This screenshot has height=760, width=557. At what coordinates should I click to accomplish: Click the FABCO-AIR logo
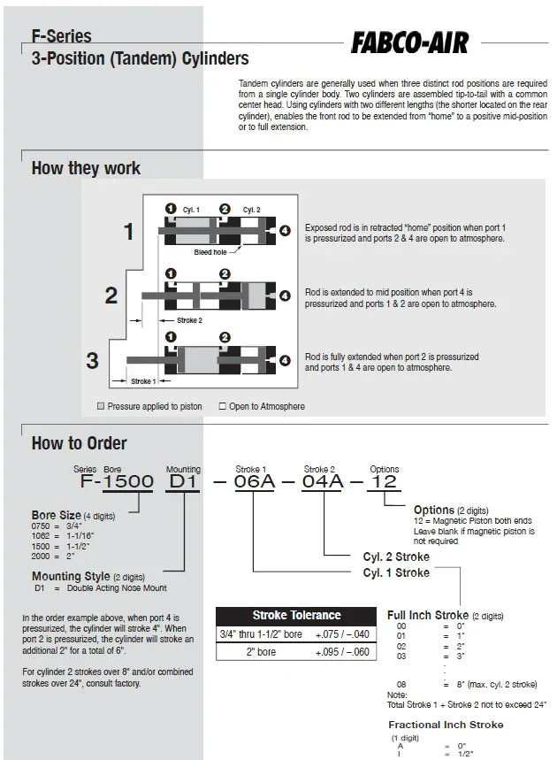point(409,42)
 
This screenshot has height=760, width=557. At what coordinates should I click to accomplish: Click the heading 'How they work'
point(86,168)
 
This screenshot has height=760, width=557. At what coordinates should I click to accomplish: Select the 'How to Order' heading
point(79,443)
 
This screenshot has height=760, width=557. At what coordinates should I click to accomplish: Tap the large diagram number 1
point(129,233)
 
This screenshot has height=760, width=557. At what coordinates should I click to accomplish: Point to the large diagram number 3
point(92,360)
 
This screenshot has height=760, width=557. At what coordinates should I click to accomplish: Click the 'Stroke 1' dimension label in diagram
point(142,382)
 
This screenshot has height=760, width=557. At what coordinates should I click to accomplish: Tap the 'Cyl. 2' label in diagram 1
point(251,210)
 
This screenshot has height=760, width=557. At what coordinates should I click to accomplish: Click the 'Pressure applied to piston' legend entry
point(149,407)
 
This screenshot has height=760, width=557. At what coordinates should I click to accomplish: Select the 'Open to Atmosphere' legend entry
point(262,407)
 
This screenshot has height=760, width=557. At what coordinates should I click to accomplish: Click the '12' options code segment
point(385,482)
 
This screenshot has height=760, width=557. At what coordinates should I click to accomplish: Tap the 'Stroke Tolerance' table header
point(296,615)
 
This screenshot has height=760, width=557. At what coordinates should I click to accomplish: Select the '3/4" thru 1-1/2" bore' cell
point(261,633)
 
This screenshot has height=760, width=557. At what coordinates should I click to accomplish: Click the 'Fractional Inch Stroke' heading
point(446,725)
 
